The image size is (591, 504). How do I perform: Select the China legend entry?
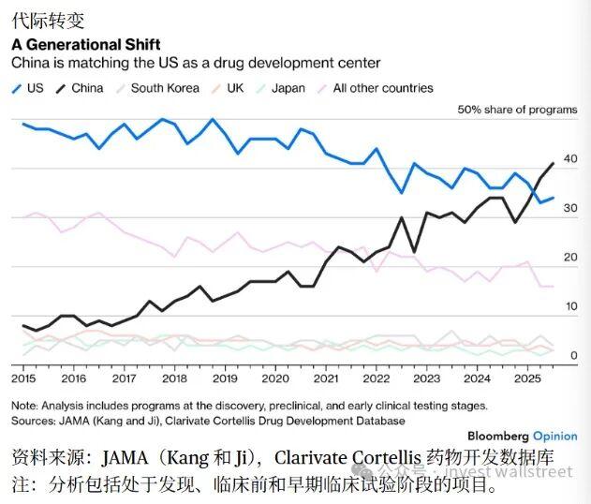coord(80,88)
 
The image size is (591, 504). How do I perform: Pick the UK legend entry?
coord(231,88)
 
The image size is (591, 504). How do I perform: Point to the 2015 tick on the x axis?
coord(23,378)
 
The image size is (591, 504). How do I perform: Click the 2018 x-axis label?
coord(174,378)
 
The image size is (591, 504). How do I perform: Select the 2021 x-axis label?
coord(326,378)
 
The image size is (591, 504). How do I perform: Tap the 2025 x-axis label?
coord(527,378)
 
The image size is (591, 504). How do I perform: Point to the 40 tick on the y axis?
coord(570,158)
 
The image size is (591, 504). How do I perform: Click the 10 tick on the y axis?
coord(570,306)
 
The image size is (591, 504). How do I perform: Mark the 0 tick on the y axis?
coord(573,355)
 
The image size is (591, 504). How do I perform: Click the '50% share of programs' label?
coord(517,110)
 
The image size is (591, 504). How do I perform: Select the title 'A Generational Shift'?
coord(85,44)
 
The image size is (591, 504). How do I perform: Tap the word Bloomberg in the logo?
coord(497,437)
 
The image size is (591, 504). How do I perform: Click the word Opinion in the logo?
coord(555,437)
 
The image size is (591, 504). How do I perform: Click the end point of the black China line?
coord(554,163)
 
